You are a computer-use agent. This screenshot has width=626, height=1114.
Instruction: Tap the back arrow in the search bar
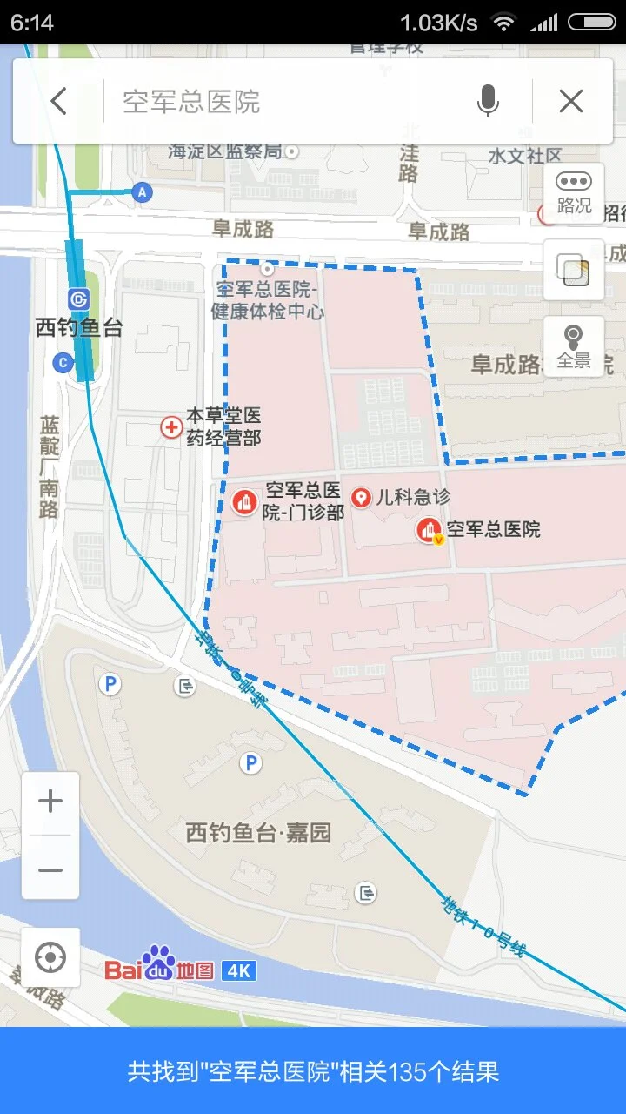click(58, 102)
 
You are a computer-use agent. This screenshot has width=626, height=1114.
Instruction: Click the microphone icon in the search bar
click(488, 102)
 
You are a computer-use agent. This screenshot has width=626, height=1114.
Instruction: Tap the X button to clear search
click(571, 102)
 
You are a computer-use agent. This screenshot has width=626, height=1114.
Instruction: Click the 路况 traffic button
click(574, 192)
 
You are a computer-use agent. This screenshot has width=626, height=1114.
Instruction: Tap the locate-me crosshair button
click(50, 957)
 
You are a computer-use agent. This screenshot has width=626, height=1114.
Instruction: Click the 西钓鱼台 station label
click(79, 328)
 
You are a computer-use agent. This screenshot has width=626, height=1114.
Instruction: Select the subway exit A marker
click(142, 192)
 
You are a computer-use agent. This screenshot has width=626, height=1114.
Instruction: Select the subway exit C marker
click(63, 362)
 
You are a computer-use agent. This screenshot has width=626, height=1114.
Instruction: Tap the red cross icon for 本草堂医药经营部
click(171, 426)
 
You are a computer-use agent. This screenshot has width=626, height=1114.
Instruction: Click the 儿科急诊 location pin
click(361, 498)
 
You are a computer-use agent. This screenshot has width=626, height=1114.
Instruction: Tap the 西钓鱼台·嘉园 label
click(258, 833)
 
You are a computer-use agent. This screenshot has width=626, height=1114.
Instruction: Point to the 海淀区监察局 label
click(225, 151)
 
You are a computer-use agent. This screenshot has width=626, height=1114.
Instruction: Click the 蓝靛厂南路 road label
click(50, 466)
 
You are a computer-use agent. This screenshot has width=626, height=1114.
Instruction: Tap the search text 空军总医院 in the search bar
click(191, 102)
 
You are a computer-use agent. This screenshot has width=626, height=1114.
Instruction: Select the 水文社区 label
click(525, 156)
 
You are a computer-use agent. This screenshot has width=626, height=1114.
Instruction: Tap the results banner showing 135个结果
click(313, 1071)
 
